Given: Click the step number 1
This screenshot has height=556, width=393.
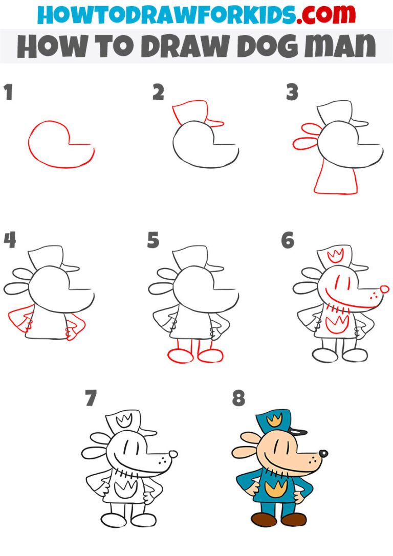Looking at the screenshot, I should [8, 93].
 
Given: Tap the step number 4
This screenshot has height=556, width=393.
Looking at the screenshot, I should [9, 240].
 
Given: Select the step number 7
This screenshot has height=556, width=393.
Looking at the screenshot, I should [91, 398].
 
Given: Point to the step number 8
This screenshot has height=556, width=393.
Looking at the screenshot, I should [238, 398].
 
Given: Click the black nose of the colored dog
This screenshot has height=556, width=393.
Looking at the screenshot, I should [323, 453].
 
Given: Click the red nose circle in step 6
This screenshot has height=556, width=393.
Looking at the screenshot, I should [384, 290].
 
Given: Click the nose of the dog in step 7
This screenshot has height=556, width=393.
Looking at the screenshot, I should [173, 454].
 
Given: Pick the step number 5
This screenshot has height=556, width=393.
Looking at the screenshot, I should [153, 240].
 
